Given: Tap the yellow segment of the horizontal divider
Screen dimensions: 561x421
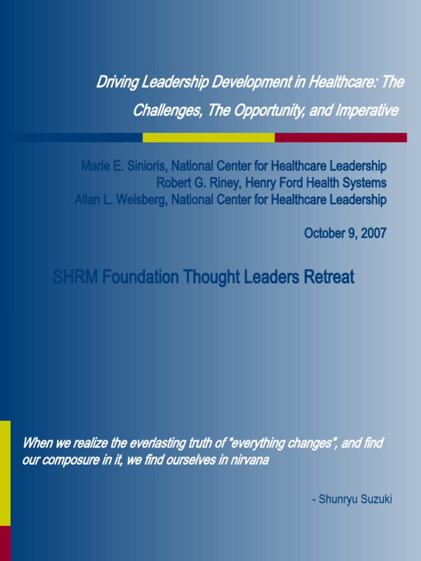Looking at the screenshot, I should (x=208, y=137).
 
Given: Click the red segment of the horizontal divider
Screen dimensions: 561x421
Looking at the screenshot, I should (x=340, y=137).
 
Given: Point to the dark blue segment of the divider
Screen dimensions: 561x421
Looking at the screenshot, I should (x=77, y=137).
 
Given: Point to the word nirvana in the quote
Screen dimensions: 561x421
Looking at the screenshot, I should (x=250, y=460).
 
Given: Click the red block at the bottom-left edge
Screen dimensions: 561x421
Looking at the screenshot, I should (x=5, y=543).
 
